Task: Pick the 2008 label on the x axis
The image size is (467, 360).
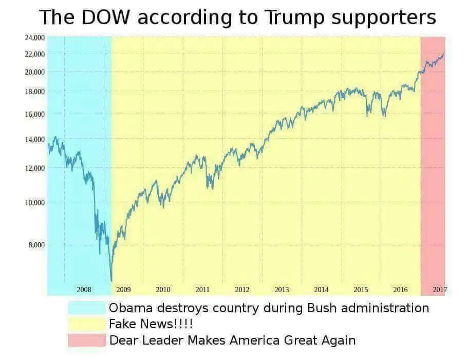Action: tap(84, 290)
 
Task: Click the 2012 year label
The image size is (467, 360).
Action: tap(242, 290)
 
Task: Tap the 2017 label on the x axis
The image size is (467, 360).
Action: tap(439, 290)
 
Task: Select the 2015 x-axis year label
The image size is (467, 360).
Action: tap(361, 290)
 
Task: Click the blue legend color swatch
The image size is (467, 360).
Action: tap(86, 308)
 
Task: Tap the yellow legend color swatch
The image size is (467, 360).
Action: tap(86, 324)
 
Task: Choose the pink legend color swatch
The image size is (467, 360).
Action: tap(86, 340)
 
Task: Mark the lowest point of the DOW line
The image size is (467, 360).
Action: tap(111, 281)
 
